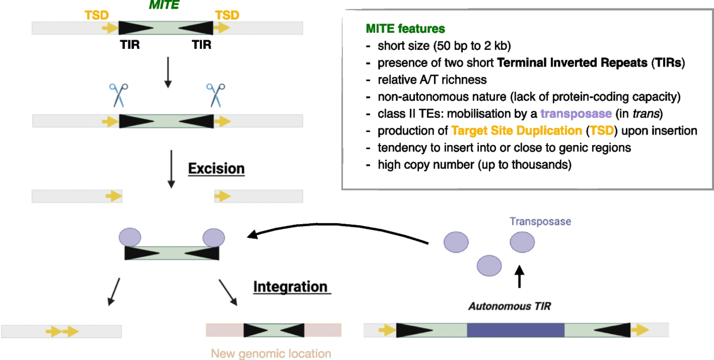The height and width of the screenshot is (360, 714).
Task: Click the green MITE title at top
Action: coord(164,5)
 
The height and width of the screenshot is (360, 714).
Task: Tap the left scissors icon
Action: coord(119,95)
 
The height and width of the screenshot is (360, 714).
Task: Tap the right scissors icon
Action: coord(216,95)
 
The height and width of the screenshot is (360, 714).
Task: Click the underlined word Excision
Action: coord(216,169)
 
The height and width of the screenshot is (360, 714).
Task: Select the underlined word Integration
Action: coord(290,287)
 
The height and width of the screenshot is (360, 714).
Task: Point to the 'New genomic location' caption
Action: coord(271,354)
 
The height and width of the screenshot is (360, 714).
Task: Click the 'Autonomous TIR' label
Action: coord(509,306)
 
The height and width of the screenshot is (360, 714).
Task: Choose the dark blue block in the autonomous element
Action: coord(516,330)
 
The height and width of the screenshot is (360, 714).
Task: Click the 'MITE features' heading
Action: coord(405,29)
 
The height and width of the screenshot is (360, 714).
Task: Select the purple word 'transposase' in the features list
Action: coord(576,114)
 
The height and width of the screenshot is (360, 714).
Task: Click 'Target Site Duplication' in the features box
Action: coord(516,131)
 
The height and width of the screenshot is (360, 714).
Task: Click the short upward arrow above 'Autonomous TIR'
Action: coord(519,276)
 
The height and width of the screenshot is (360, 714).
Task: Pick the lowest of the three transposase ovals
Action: coord(489,266)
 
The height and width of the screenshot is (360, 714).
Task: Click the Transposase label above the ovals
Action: coord(540,221)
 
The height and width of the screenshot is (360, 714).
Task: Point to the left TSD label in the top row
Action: coord(96,15)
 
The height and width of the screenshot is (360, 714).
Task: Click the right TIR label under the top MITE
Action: coord(201,45)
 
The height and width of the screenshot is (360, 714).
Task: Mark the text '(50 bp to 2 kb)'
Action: coord(472,46)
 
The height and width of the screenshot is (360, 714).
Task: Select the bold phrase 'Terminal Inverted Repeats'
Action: coord(572,63)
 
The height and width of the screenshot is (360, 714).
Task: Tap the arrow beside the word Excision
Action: coord(171,169)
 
